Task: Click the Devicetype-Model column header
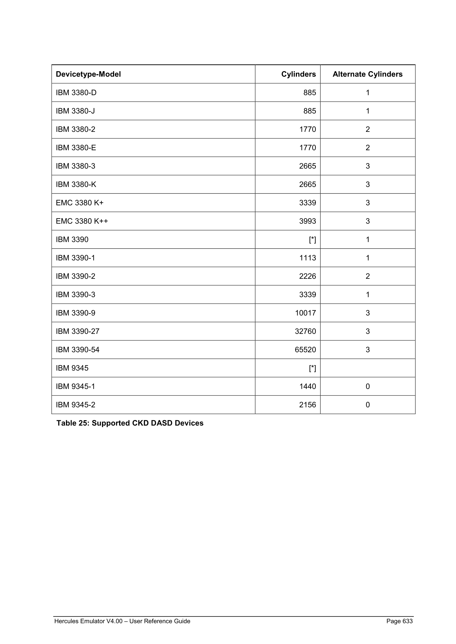coord(88,74)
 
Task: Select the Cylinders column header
coord(298,74)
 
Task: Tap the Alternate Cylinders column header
coord(367,74)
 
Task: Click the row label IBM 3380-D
coord(76,92)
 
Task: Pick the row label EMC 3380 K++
coord(82,221)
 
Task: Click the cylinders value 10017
coord(305,313)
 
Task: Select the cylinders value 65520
coord(305,350)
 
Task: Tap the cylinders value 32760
coord(305,331)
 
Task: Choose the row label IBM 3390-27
coord(78,331)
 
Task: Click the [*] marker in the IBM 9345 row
coord(312,368)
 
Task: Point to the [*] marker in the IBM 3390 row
coord(312,240)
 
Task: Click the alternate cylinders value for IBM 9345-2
coord(368,405)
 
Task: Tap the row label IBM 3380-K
coord(76,184)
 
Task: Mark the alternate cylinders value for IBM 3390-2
coord(368,276)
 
